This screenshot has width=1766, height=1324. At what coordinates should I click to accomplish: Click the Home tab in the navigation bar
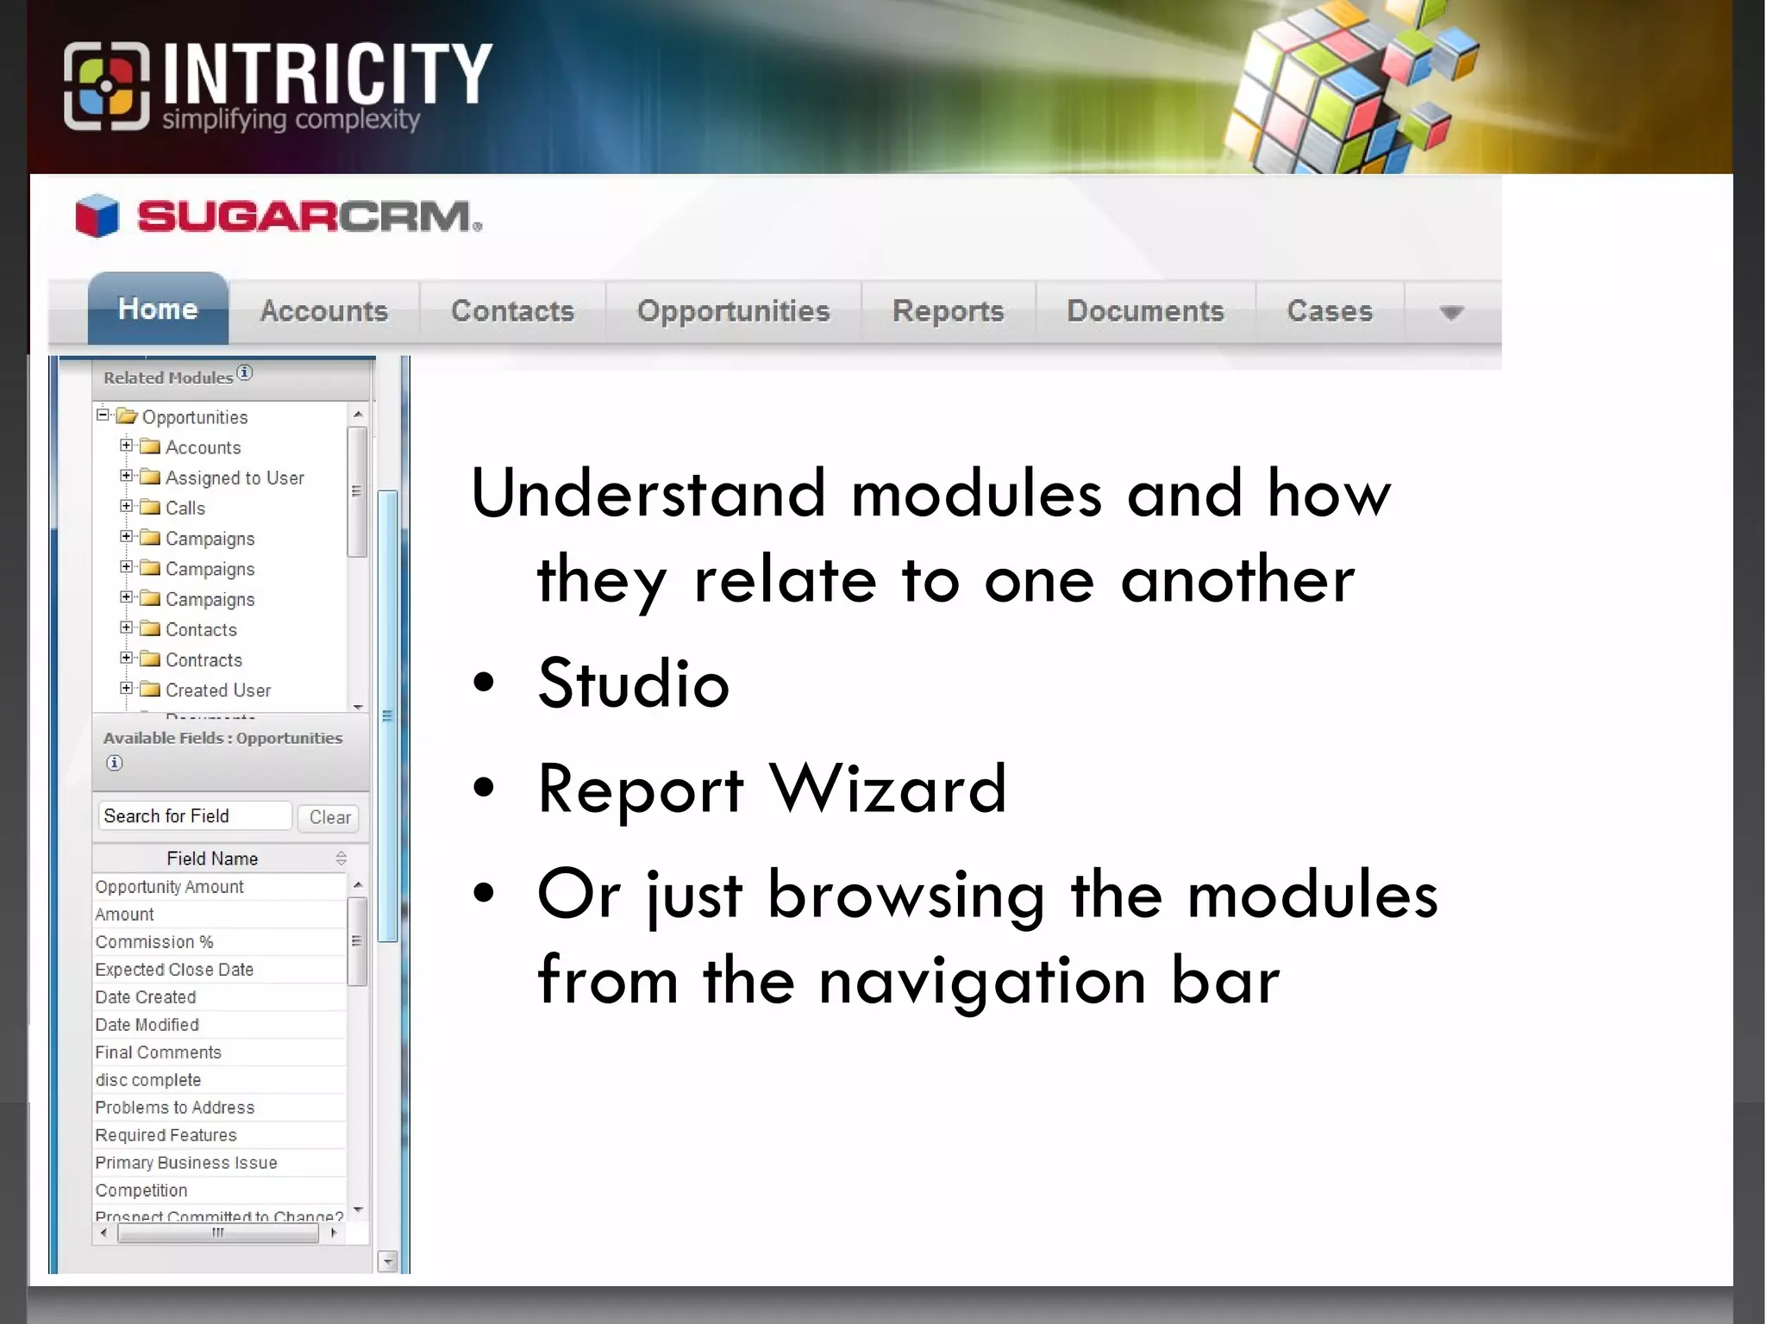pyautogui.click(x=158, y=309)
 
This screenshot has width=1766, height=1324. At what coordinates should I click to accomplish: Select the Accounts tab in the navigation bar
pyautogui.click(x=323, y=311)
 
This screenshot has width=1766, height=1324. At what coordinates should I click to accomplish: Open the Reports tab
pyautogui.click(x=948, y=311)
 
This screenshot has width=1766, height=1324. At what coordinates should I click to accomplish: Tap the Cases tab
pyautogui.click(x=1329, y=311)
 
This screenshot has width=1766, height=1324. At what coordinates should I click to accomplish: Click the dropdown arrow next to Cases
pyautogui.click(x=1451, y=312)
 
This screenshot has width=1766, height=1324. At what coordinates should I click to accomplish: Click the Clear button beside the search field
pyautogui.click(x=329, y=817)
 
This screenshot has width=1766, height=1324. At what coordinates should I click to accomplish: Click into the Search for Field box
pyautogui.click(x=195, y=816)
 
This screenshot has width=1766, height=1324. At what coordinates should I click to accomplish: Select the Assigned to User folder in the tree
pyautogui.click(x=234, y=478)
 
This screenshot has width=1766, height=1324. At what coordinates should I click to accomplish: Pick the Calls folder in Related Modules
pyautogui.click(x=185, y=509)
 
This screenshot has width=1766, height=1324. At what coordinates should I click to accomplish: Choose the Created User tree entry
pyautogui.click(x=217, y=690)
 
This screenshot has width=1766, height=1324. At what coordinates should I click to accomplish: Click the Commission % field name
pyautogui.click(x=154, y=942)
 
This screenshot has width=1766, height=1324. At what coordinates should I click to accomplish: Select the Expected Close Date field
pyautogui.click(x=174, y=970)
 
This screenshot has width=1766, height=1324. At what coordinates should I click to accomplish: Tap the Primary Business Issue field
pyautogui.click(x=186, y=1163)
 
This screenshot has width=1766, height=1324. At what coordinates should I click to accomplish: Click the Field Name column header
pyautogui.click(x=212, y=859)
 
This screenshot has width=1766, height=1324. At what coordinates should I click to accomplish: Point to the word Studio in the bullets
pyautogui.click(x=634, y=684)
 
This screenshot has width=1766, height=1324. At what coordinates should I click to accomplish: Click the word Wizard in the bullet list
pyautogui.click(x=887, y=789)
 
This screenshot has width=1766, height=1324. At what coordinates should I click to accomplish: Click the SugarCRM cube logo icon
pyautogui.click(x=97, y=215)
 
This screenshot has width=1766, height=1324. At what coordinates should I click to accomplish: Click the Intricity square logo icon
pyautogui.click(x=106, y=86)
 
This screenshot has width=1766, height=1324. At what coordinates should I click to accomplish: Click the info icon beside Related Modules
pyautogui.click(x=245, y=372)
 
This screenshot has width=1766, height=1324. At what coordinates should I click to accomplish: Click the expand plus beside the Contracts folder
pyautogui.click(x=126, y=658)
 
